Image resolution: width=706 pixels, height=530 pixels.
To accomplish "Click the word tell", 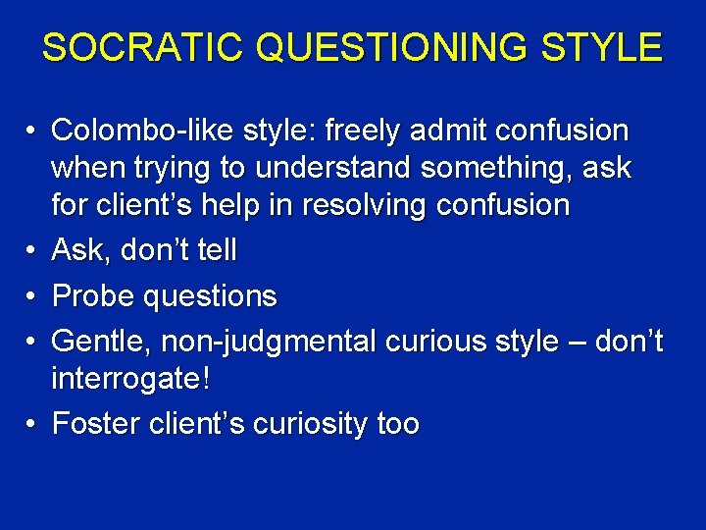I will pyautogui.click(x=216, y=250).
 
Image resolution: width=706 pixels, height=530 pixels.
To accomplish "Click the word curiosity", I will pyautogui.click(x=310, y=424).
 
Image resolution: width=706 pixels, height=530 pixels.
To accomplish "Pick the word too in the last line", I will pyautogui.click(x=398, y=424).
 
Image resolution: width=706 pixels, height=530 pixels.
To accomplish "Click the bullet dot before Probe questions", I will pyautogui.click(x=31, y=295).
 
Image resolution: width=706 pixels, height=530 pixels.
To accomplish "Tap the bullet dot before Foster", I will pyautogui.click(x=31, y=424).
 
